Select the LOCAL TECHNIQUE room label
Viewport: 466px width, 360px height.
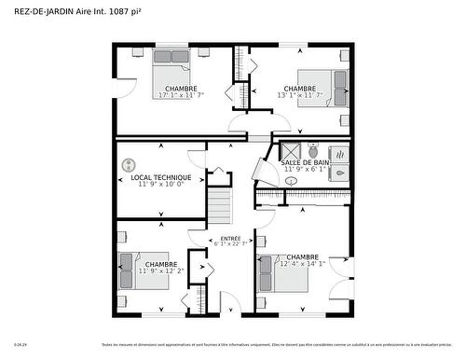tap(161, 177)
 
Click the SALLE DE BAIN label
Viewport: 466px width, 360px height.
tap(305, 162)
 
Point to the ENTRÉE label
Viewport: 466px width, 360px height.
tap(230, 238)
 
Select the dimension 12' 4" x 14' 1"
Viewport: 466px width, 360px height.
tap(303, 264)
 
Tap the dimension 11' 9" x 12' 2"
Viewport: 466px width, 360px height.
tap(161, 270)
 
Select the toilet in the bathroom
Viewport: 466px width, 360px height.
tap(313, 150)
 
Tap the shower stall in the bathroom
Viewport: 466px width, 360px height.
tap(290, 151)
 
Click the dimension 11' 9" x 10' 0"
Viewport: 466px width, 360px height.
tap(161, 185)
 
